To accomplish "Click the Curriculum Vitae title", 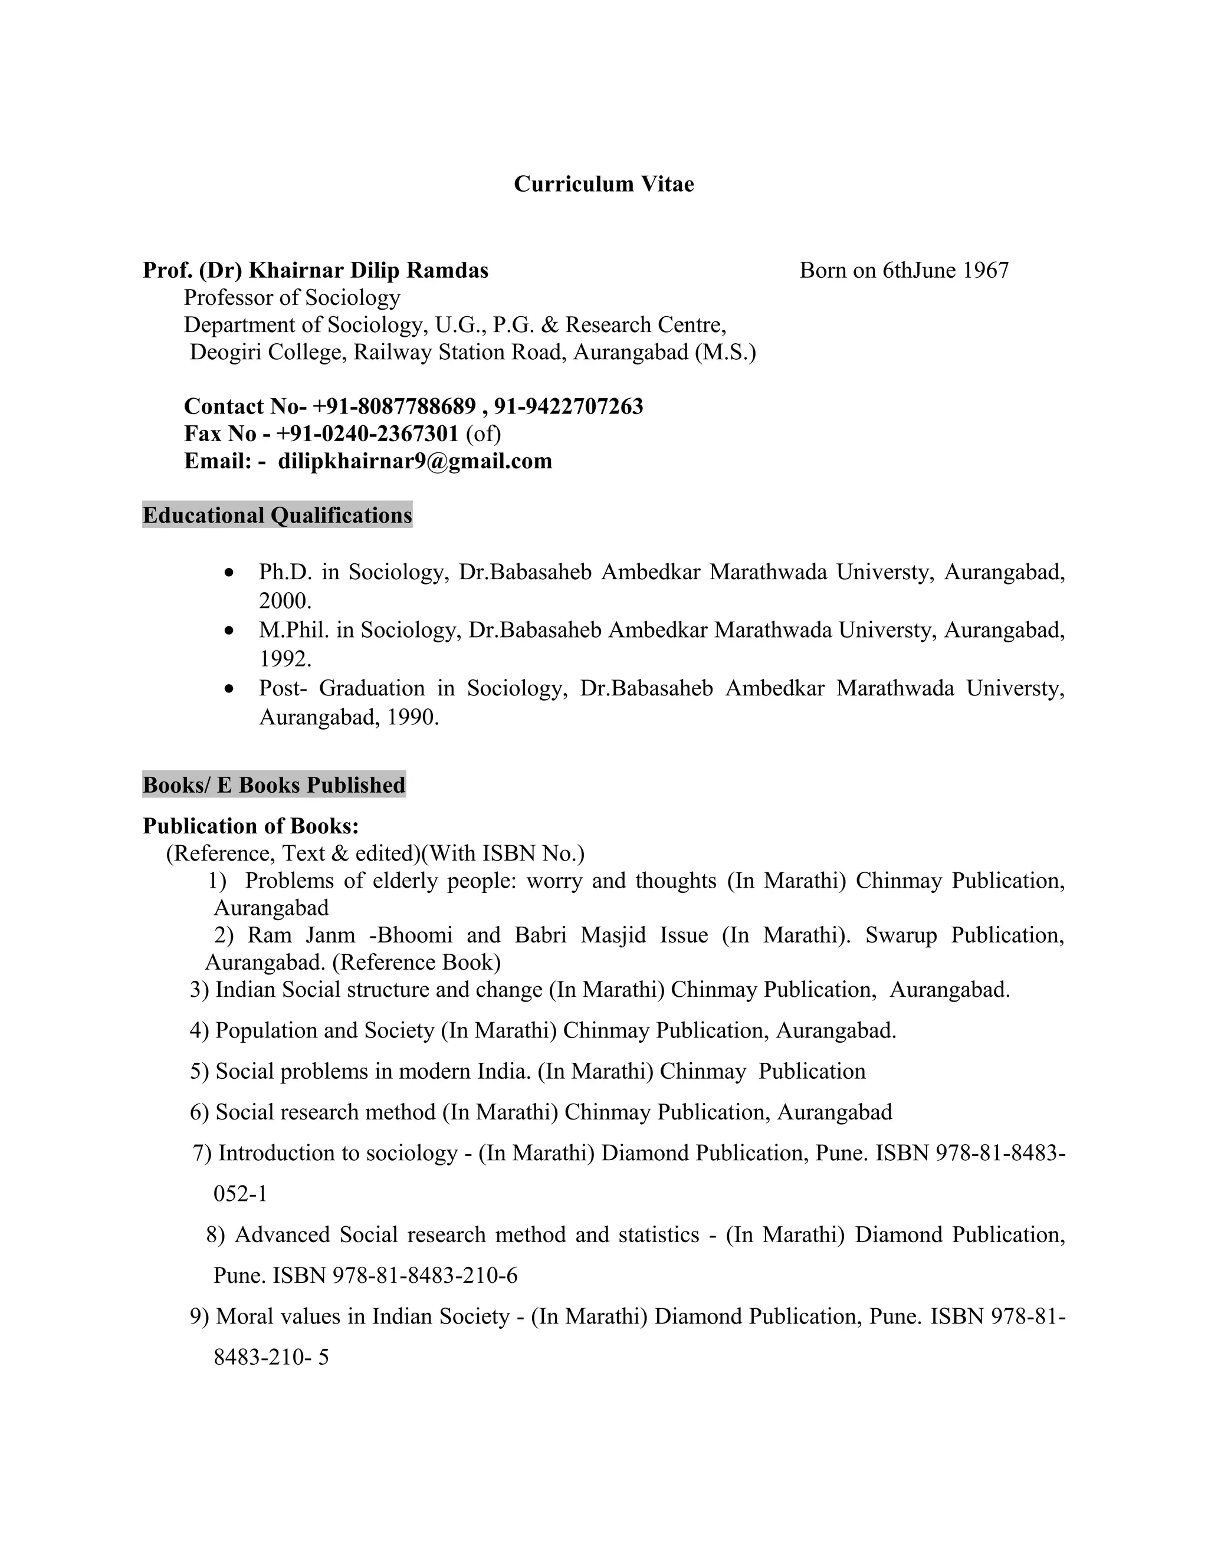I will coord(603,184).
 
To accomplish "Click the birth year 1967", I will coord(986,271).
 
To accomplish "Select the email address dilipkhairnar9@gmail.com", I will coord(415,461).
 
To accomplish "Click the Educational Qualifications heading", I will coord(277,515).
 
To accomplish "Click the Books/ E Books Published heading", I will coord(274,785).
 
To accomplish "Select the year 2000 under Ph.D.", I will coord(285,600).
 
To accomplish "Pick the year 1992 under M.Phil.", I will coord(285,658).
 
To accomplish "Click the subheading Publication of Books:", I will coord(251,826).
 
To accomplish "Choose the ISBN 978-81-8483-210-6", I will coord(425,1275).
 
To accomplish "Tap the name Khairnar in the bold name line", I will coord(296,271).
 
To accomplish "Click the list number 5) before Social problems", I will coord(200,1071).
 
